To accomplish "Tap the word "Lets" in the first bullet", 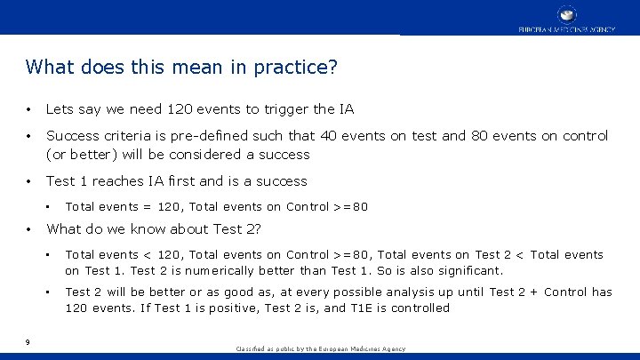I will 60,109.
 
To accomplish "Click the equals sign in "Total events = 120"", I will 146,207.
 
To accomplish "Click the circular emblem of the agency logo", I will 566,14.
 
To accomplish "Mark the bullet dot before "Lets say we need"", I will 30,110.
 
